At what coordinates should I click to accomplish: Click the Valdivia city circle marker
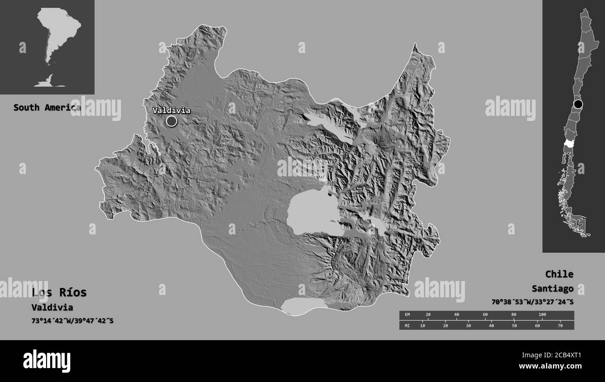click(x=171, y=121)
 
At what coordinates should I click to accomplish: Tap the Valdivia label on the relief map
click(x=171, y=110)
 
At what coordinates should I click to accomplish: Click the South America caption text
click(x=47, y=107)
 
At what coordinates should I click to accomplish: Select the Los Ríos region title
click(x=59, y=293)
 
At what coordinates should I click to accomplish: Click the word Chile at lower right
click(x=559, y=274)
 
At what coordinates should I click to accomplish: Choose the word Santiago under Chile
click(x=552, y=288)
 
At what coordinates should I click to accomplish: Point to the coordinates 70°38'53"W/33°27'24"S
click(x=532, y=302)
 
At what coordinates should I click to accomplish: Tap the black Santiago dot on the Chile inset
click(x=578, y=104)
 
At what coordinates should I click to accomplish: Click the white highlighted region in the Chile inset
click(x=568, y=145)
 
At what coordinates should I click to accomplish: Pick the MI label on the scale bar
click(x=408, y=325)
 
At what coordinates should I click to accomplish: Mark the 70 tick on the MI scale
click(x=560, y=325)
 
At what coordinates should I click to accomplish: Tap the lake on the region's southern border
click(x=303, y=305)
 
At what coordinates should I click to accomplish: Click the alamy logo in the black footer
click(x=47, y=361)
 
